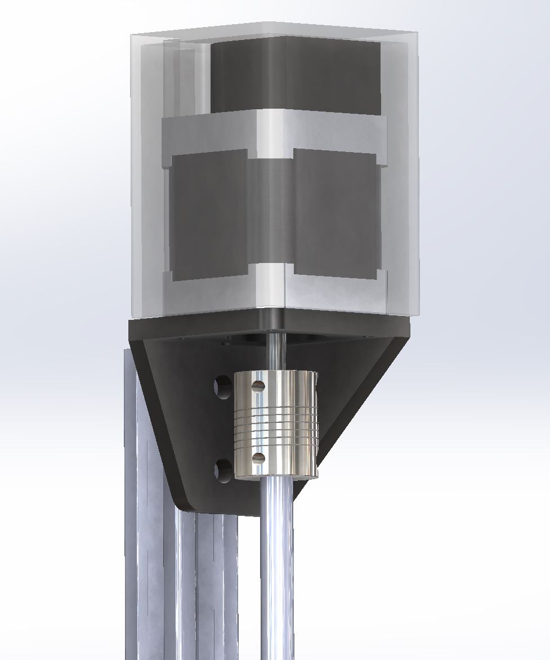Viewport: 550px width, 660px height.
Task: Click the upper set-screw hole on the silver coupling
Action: coord(258,386)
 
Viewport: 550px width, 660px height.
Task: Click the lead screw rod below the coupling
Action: coord(277,563)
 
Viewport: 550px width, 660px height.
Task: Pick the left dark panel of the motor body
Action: coord(208,214)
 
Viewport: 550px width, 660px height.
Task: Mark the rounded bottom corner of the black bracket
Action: coord(194,504)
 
